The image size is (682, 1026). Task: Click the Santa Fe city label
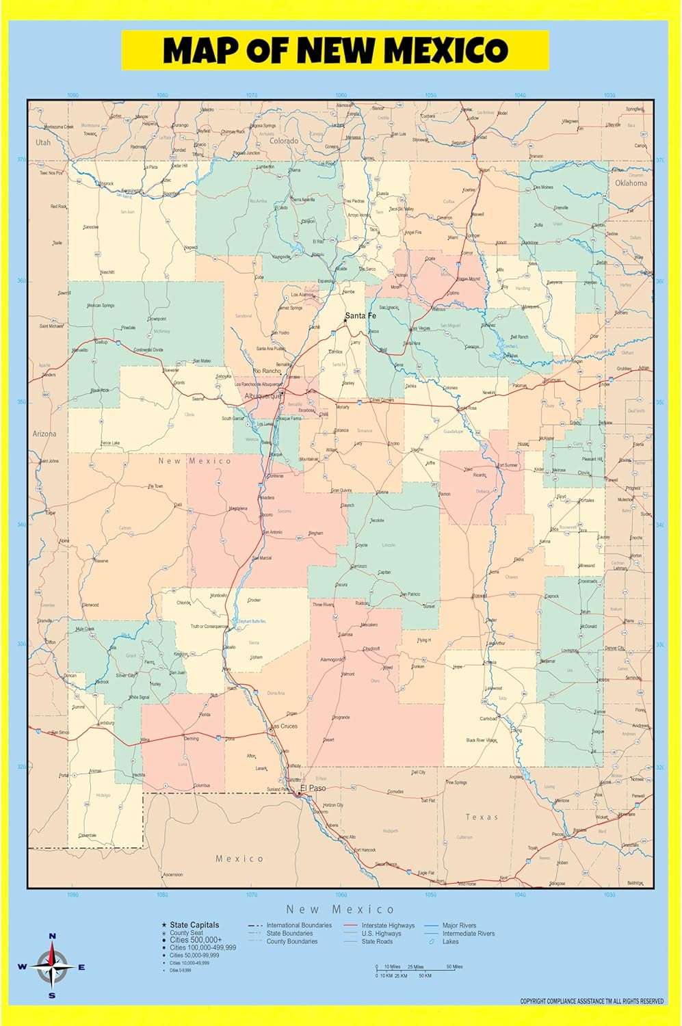pos(360,316)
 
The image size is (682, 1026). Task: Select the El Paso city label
pos(313,788)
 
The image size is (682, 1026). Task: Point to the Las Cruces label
pos(285,726)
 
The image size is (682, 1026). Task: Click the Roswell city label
pos(480,596)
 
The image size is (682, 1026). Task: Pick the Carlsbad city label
pos(488,719)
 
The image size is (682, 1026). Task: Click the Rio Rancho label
pos(267,371)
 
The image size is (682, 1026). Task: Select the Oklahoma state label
pos(630,183)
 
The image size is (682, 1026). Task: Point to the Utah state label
pos(43,142)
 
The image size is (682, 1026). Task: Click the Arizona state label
pos(44,434)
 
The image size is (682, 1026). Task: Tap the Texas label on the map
pos(482,817)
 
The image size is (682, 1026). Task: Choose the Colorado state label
pos(283,141)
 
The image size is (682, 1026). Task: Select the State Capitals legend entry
pos(194,925)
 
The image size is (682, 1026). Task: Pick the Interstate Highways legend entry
pos(388,925)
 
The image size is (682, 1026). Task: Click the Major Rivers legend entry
pos(459,925)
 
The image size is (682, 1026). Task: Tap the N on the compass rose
pos(53,936)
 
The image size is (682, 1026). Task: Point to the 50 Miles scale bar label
pos(454,966)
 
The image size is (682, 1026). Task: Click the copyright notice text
pos(592,1001)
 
